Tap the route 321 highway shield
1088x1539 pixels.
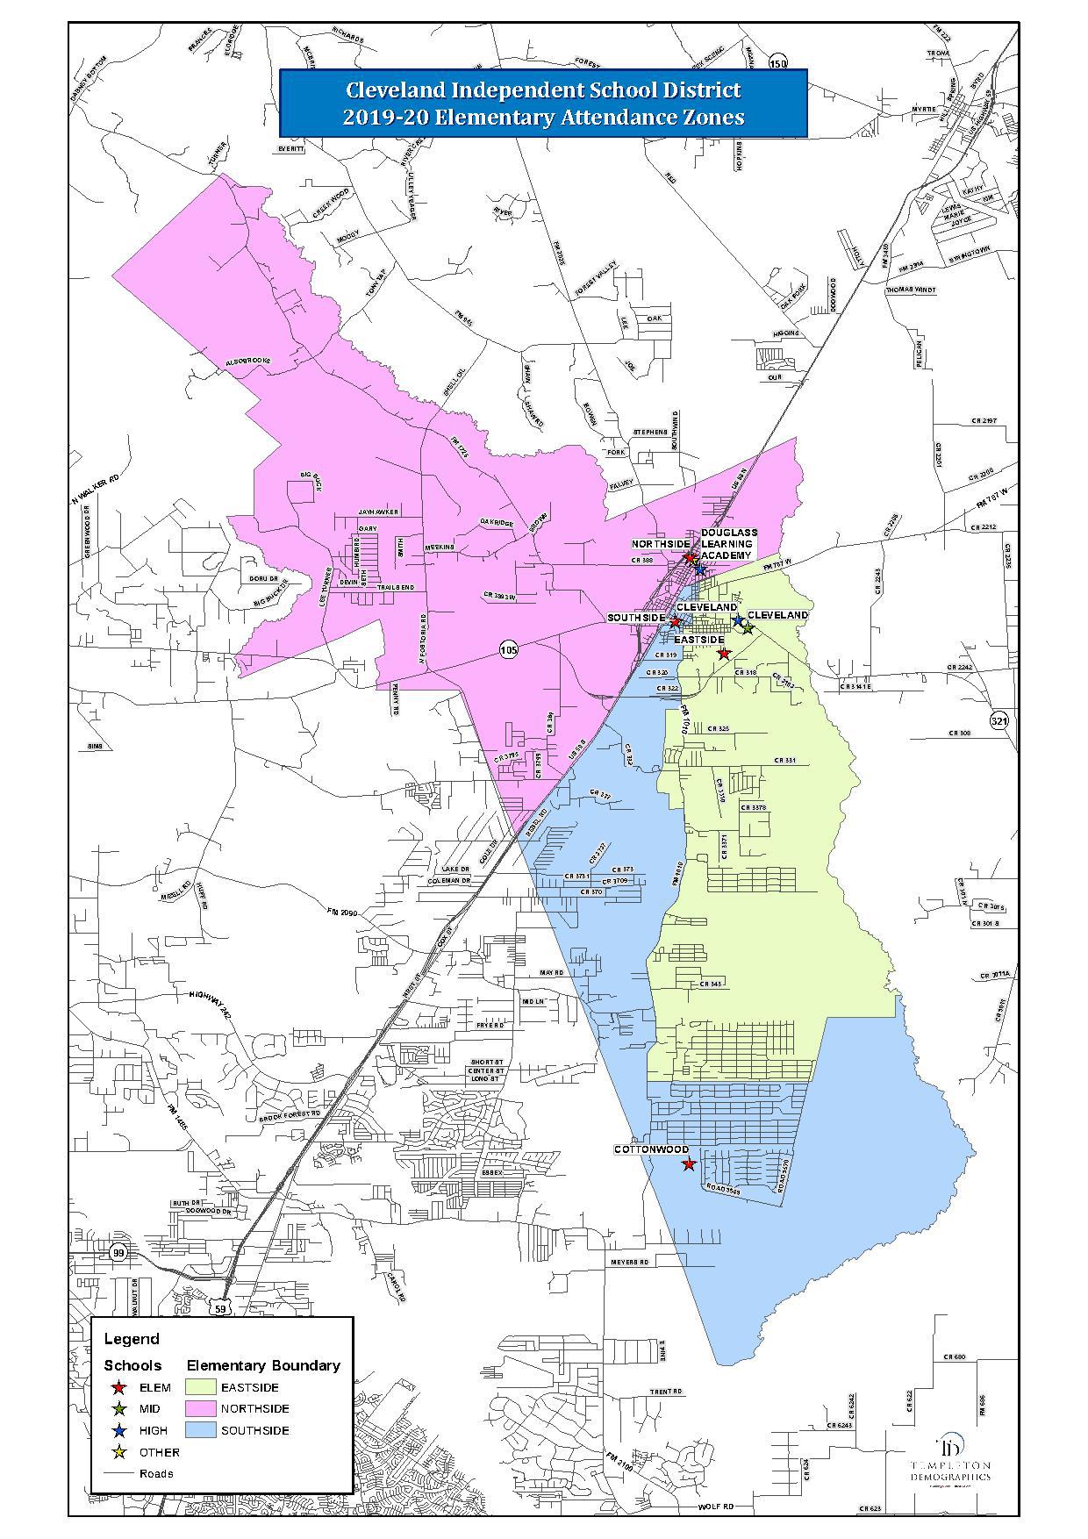999,720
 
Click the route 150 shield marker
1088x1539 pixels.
777,62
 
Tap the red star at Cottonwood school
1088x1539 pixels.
689,1164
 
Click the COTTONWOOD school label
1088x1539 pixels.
650,1149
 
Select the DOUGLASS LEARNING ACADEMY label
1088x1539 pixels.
727,544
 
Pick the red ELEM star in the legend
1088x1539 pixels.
118,1387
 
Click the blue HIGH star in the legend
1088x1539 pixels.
118,1430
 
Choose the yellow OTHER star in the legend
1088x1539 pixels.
118,1452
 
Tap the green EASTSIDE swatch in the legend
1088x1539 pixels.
201,1387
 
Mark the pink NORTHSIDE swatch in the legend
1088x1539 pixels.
201,1408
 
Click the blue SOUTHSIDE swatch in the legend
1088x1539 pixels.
201,1430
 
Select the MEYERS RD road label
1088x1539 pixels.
629,1262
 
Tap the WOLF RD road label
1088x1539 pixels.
715,1507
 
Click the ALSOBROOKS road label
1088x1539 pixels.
248,361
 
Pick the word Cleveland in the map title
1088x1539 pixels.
397,90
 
